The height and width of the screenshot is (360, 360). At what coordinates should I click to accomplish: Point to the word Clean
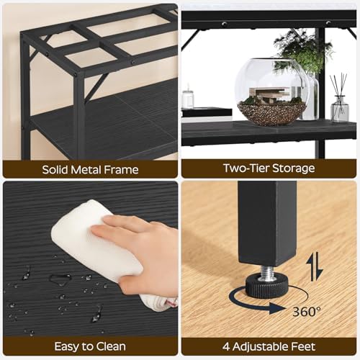(x=111, y=346)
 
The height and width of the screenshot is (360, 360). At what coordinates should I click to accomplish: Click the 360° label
(x=307, y=311)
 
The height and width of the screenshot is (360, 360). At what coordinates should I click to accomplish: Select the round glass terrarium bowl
(x=271, y=92)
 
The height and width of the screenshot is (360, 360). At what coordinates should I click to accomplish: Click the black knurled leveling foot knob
(x=266, y=286)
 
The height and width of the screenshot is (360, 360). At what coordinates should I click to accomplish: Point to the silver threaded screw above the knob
(x=266, y=272)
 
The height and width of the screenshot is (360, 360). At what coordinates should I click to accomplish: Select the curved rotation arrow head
(x=276, y=308)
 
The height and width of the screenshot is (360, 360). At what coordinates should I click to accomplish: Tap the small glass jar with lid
(x=187, y=99)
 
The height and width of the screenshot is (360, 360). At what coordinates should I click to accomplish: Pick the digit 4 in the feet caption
(x=226, y=346)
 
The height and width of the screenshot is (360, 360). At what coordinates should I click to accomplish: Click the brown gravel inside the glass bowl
(x=271, y=113)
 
